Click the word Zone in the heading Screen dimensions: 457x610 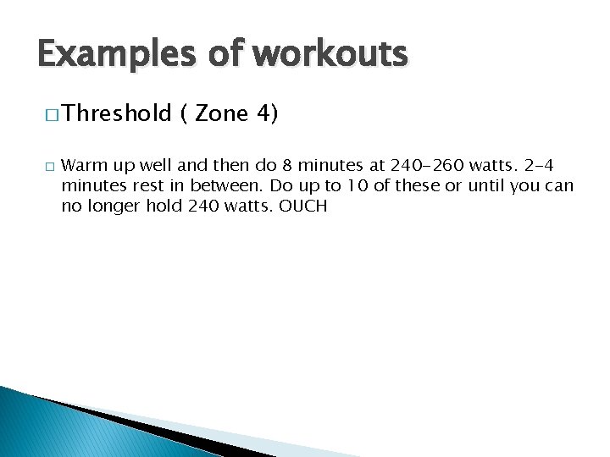click(x=222, y=114)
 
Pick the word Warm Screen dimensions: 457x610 click(x=82, y=165)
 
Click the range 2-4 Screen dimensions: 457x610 click(x=535, y=165)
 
